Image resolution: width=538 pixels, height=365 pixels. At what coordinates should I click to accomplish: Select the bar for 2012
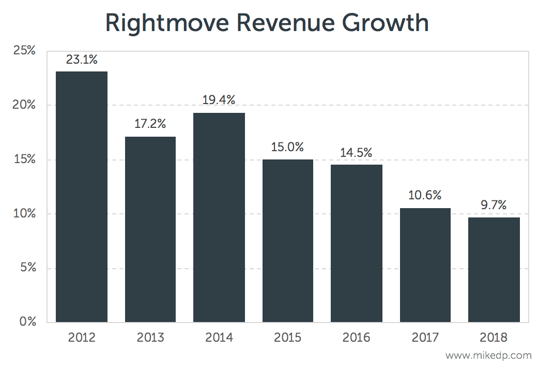[x=82, y=197]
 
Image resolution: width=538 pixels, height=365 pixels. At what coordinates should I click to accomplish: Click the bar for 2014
[x=219, y=217]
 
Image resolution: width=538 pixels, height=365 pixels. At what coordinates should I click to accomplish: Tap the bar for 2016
[x=356, y=243]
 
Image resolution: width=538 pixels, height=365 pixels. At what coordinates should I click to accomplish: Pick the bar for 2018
[x=494, y=270]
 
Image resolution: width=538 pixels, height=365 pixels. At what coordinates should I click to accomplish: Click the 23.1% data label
[x=82, y=60]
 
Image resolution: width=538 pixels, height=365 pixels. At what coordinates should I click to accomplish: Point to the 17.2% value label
[x=150, y=124]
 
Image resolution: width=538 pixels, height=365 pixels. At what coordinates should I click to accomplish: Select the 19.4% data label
[x=219, y=100]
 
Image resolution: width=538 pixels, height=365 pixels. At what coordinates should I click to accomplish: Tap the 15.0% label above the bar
[x=287, y=147]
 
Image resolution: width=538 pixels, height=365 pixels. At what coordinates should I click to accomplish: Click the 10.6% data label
[x=425, y=196]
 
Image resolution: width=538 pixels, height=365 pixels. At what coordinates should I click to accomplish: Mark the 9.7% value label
[x=494, y=205]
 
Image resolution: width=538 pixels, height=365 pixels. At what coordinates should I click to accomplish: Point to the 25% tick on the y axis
[x=25, y=51]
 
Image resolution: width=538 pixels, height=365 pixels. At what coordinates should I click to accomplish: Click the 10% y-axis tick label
[x=25, y=214]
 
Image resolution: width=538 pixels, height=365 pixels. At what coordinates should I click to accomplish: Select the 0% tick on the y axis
[x=28, y=322]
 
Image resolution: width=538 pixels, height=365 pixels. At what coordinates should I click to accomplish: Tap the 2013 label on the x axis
[x=150, y=338]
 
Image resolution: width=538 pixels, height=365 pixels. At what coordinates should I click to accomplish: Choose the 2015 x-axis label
[x=287, y=338]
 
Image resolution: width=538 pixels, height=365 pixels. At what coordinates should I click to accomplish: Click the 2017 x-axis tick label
[x=425, y=338]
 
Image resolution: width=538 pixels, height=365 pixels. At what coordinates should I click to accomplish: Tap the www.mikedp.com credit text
[x=488, y=356]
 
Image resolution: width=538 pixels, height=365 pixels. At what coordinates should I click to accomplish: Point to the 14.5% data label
[x=356, y=153]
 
